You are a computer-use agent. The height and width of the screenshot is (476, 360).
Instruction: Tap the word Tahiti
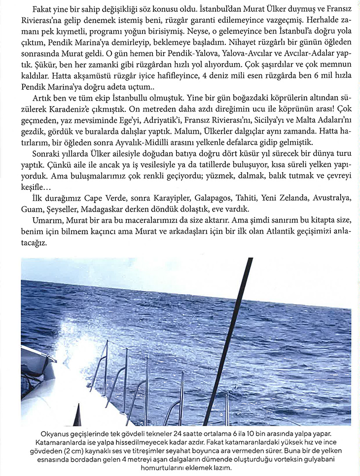click(237, 198)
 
